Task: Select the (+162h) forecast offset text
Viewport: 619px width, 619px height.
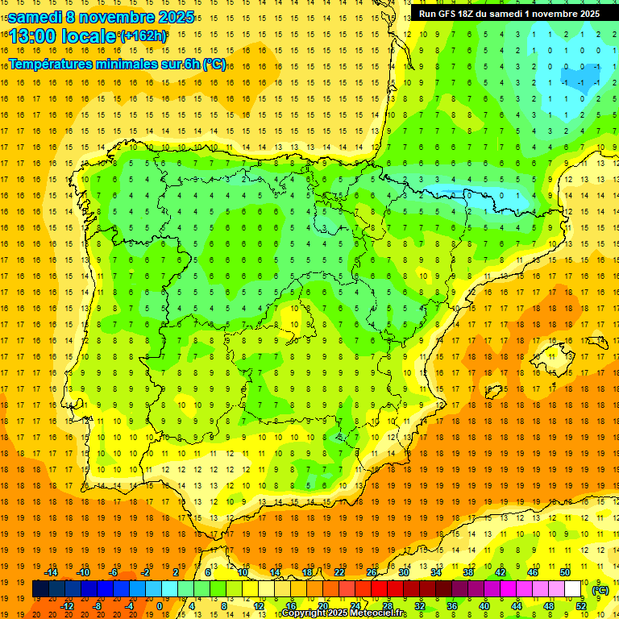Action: pos(143,36)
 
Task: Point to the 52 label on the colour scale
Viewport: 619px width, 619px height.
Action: pos(581,605)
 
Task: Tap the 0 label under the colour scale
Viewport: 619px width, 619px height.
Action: pos(160,605)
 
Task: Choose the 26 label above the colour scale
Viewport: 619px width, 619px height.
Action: pos(372,572)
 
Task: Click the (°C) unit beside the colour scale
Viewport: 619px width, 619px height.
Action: pos(600,589)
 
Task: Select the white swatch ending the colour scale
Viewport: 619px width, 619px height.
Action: pos(573,589)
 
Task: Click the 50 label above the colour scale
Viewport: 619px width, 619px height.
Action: pos(565,572)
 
